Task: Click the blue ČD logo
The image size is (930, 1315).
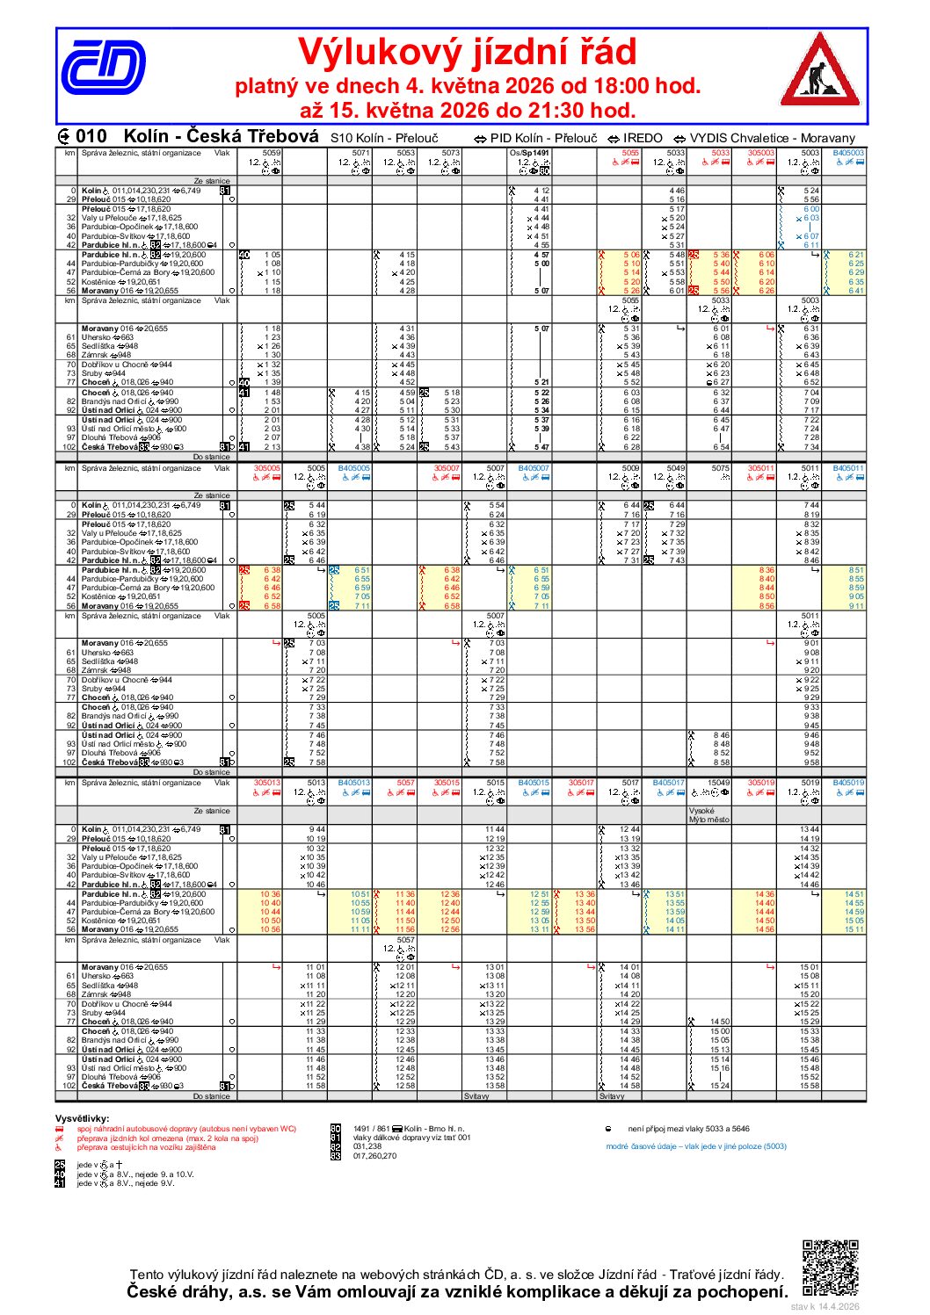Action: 102,68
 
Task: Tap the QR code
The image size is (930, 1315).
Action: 830,1268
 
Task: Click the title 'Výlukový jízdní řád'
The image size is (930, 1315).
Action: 467,52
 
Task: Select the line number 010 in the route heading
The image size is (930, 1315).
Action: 91,136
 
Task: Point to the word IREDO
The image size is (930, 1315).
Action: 643,138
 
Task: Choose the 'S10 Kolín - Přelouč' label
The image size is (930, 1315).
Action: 384,138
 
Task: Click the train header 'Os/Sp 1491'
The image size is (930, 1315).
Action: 531,153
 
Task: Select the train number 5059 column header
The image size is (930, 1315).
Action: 272,153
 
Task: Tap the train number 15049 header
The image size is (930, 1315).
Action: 719,783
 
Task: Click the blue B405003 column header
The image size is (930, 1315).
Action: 848,153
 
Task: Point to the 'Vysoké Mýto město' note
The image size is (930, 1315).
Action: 709,815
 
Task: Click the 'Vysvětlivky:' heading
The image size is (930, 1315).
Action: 83,1118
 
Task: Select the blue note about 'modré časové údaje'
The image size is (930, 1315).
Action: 696,1146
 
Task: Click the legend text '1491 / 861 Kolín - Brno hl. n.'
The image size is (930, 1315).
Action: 409,1129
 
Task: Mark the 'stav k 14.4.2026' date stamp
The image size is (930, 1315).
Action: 825,1306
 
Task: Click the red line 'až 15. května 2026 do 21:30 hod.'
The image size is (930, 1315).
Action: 467,111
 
